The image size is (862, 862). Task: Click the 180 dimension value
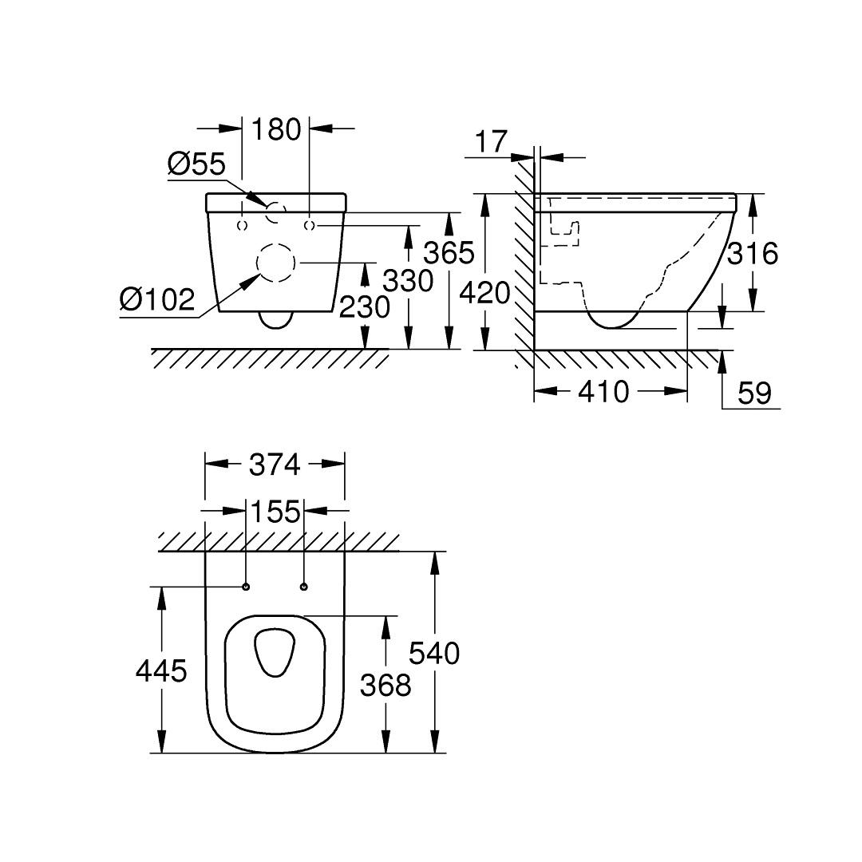click(276, 129)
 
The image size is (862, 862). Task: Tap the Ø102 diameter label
click(157, 300)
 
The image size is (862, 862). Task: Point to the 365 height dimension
click(449, 253)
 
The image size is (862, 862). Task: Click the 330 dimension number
click(408, 280)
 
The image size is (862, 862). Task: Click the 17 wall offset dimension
click(491, 141)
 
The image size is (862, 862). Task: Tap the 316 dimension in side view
click(752, 253)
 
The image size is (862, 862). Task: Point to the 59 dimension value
click(753, 393)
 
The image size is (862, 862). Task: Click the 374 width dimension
click(275, 464)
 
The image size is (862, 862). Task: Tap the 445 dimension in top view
click(161, 671)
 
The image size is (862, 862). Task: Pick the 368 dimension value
click(386, 685)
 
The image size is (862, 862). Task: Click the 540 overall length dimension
click(435, 653)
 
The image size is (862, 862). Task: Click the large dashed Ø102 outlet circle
click(275, 262)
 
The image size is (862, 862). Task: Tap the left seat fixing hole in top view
click(246, 588)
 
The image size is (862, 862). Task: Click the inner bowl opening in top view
click(275, 651)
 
